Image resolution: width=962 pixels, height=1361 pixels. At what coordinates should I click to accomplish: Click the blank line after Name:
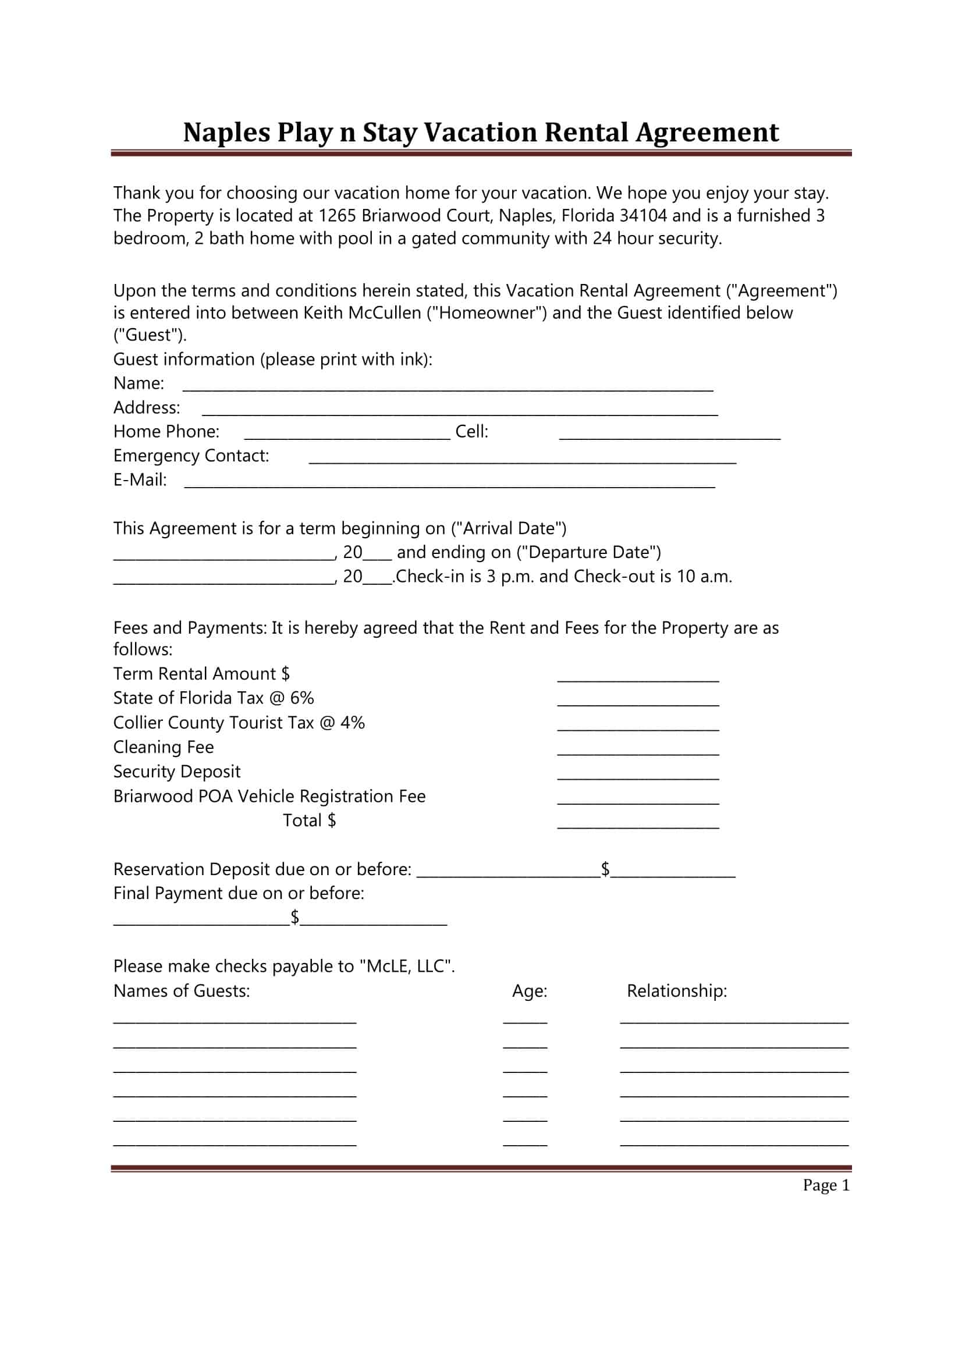pos(448,387)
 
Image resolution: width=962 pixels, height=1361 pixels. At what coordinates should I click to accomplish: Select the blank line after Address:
pos(459,411)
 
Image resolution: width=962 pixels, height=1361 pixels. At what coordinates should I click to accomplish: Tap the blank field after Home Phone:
pos(347,436)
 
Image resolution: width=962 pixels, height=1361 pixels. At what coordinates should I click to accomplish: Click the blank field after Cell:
pos(669,436)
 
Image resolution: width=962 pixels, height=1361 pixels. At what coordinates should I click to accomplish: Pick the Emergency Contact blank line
pos(522,460)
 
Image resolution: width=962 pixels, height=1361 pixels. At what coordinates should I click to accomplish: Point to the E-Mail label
pos(140,479)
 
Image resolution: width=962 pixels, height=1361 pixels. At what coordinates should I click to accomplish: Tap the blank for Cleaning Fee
pos(638,752)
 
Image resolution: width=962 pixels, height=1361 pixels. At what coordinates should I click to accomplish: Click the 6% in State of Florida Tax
pos(301,698)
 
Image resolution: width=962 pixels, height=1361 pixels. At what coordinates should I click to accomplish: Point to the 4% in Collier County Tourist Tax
pos(352,723)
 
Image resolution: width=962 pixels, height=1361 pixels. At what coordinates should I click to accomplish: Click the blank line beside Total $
pos(638,825)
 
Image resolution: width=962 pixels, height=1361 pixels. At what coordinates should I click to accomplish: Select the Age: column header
pos(530,991)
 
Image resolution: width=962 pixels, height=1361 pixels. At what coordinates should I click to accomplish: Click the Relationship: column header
pos(676,991)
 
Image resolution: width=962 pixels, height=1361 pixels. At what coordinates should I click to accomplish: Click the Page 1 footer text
pos(826,1185)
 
